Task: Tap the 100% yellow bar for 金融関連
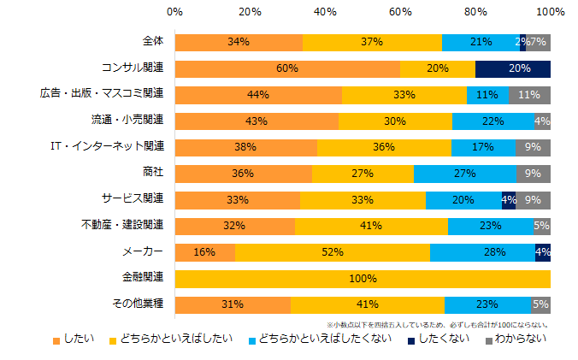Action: tap(363, 278)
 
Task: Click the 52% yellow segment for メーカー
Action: tap(333, 252)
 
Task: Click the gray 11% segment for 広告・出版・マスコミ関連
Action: tap(530, 95)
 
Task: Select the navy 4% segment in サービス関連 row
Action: tap(509, 200)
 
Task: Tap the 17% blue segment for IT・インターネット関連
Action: tap(484, 147)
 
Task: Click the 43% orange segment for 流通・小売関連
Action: tap(256, 121)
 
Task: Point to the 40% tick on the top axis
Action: tap(325, 12)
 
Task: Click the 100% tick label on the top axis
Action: tap(550, 12)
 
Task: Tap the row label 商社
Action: tap(151, 174)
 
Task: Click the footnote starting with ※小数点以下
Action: tap(437, 324)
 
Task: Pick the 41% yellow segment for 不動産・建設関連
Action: tap(371, 226)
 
